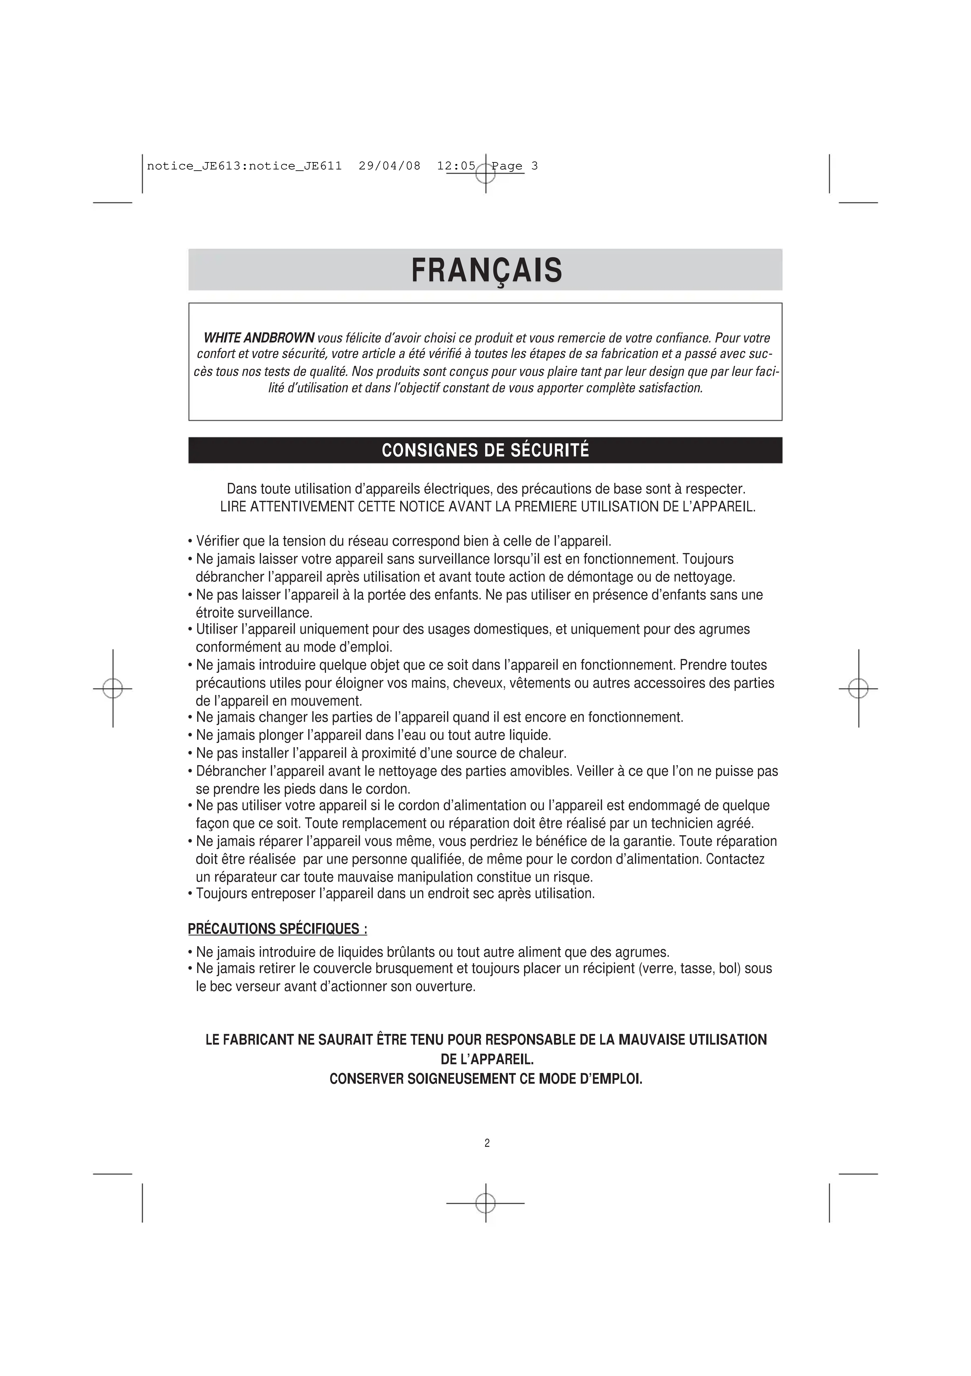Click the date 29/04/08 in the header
tap(390, 166)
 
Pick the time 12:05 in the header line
tap(456, 166)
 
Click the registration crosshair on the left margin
tap(113, 689)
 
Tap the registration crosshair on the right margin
tap(858, 689)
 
